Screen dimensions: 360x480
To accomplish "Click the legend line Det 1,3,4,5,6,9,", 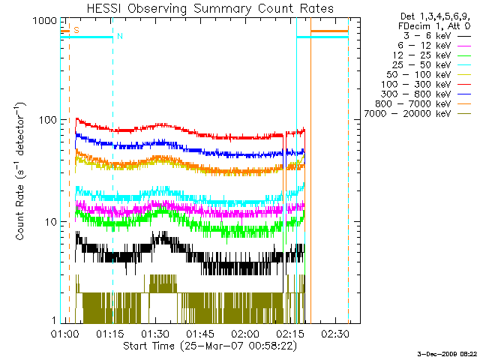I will click(x=428, y=15).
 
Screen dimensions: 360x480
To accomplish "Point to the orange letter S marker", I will click(x=76, y=31).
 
